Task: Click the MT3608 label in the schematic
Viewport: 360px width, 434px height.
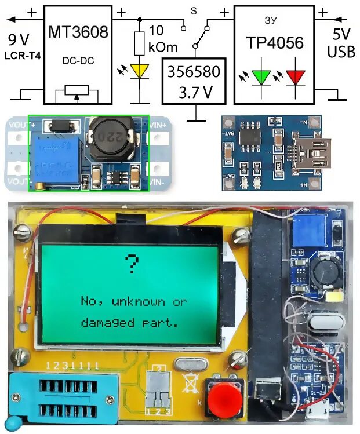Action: [x=78, y=32]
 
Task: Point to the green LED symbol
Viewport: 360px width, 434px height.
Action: [x=261, y=76]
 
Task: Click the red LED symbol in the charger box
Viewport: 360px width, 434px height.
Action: [x=296, y=76]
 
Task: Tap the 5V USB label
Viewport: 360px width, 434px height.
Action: [x=341, y=43]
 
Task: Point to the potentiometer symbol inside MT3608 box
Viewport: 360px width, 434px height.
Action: [x=78, y=93]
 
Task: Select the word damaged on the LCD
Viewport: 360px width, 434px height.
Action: [x=105, y=322]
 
